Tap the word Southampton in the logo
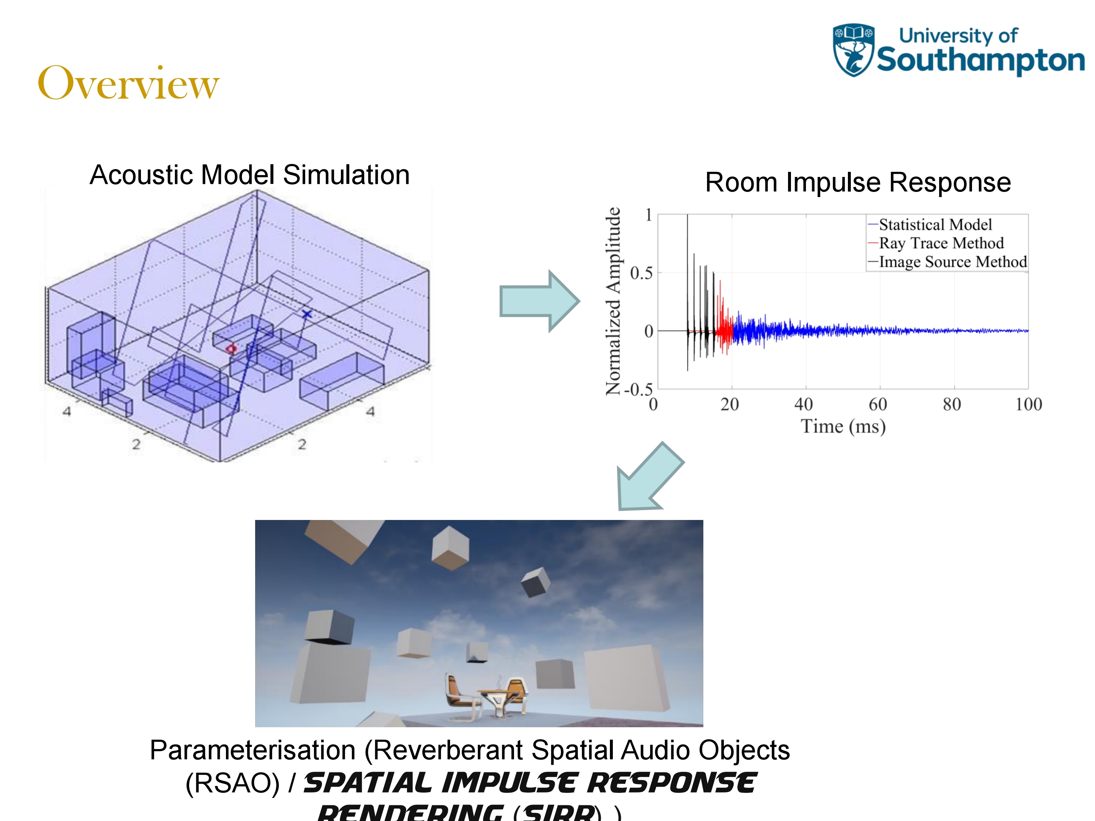(x=980, y=60)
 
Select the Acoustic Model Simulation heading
(x=250, y=175)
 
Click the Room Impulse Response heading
(x=857, y=182)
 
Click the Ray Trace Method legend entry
(x=941, y=243)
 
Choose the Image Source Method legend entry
(x=952, y=261)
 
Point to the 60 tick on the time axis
(x=878, y=404)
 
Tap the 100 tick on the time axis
(x=1028, y=404)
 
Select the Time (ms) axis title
(x=843, y=426)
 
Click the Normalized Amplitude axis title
(x=614, y=301)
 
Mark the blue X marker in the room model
(x=307, y=314)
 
